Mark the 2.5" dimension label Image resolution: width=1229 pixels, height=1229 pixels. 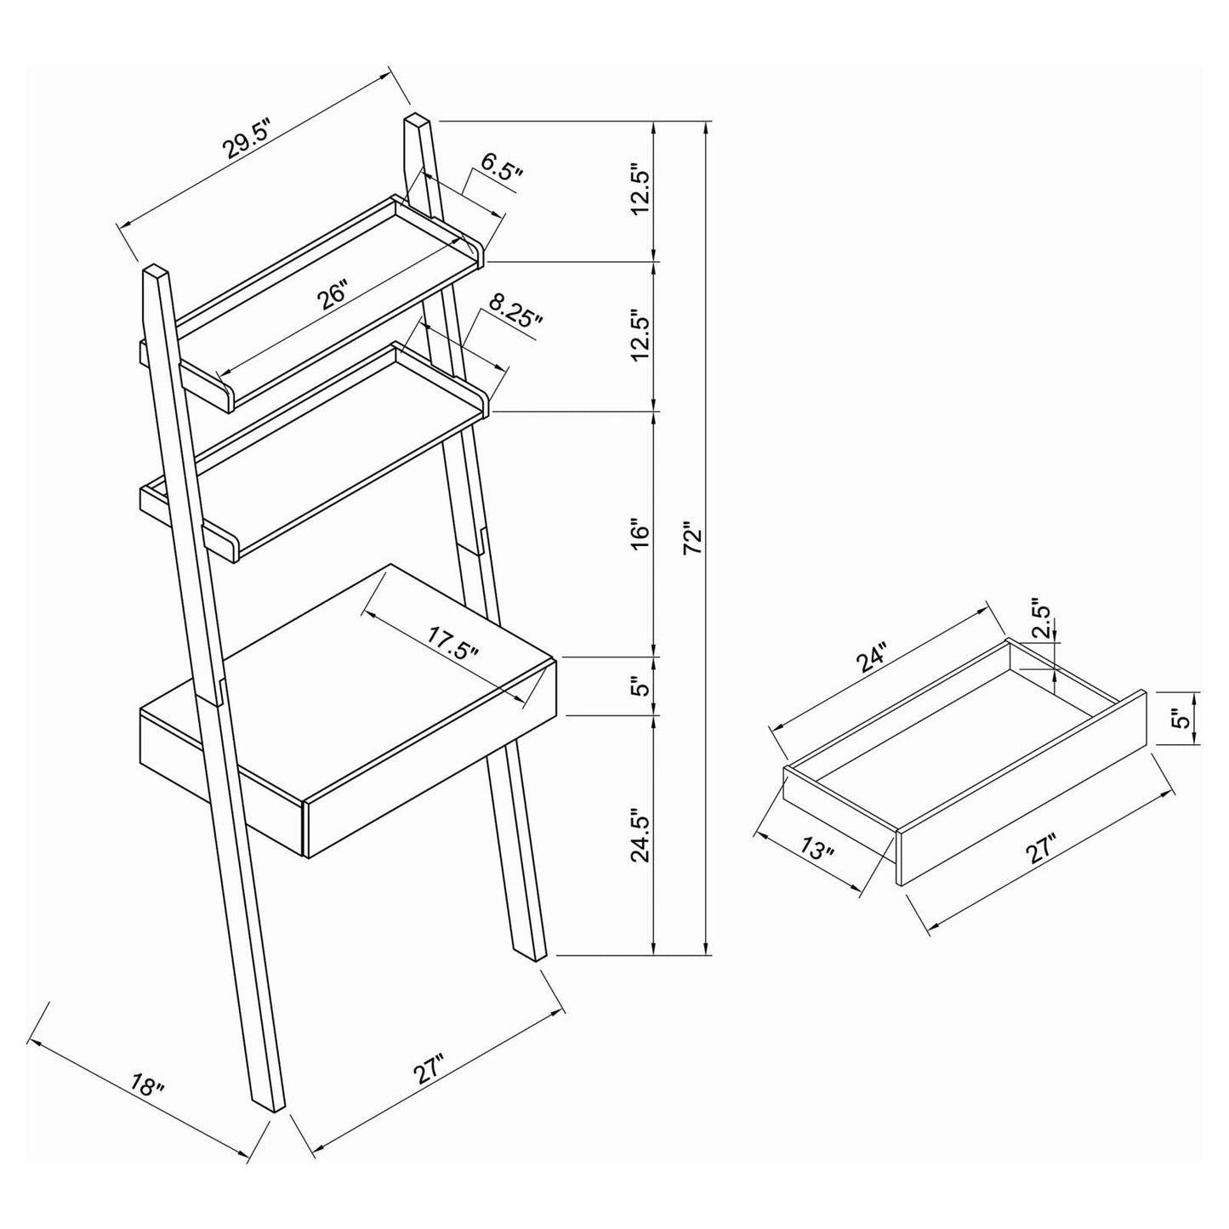click(1044, 622)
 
